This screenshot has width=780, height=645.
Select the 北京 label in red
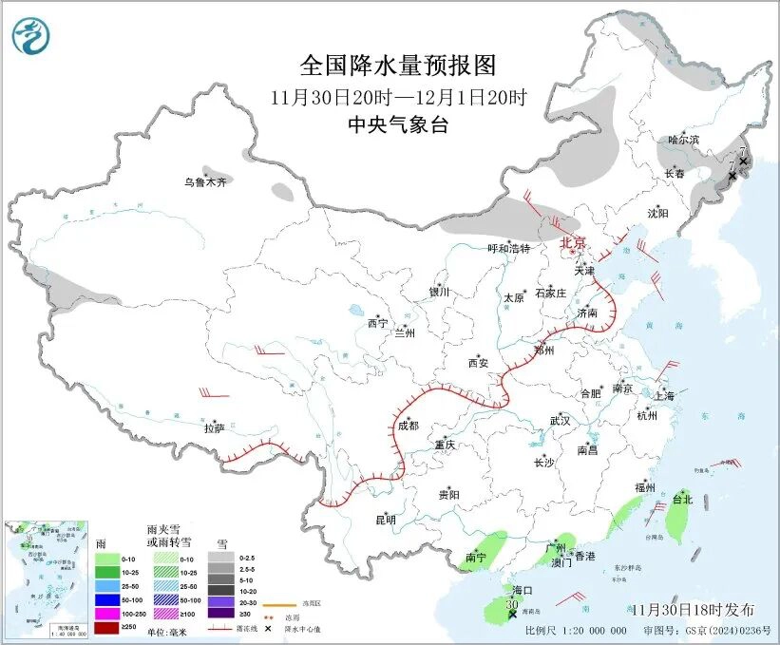coord(573,243)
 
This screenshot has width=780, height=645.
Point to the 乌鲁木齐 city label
coord(206,181)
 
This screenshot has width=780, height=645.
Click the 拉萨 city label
coord(214,428)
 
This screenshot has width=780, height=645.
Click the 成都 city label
coord(408,427)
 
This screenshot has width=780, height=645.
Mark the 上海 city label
coord(664,396)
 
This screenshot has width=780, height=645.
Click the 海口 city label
coord(523,590)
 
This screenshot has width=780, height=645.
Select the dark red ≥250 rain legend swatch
coord(107,627)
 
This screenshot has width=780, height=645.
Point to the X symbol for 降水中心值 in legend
coord(269,628)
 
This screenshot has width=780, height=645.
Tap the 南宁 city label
coord(476,558)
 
